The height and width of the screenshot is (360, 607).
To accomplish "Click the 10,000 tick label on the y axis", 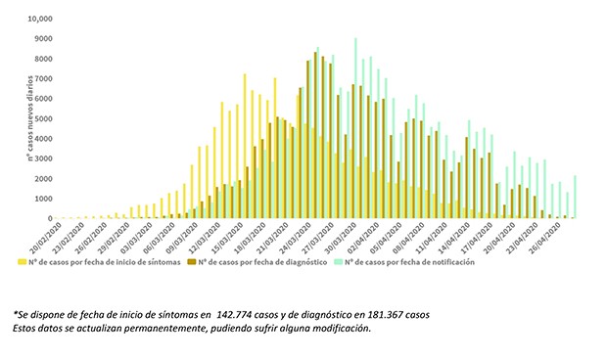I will tap(38, 19).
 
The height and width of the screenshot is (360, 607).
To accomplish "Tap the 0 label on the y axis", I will tap(49, 219).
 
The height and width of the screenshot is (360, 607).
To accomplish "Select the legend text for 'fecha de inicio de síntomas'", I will tap(107, 262).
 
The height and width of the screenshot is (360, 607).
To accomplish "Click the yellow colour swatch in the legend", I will tap(22, 262).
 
